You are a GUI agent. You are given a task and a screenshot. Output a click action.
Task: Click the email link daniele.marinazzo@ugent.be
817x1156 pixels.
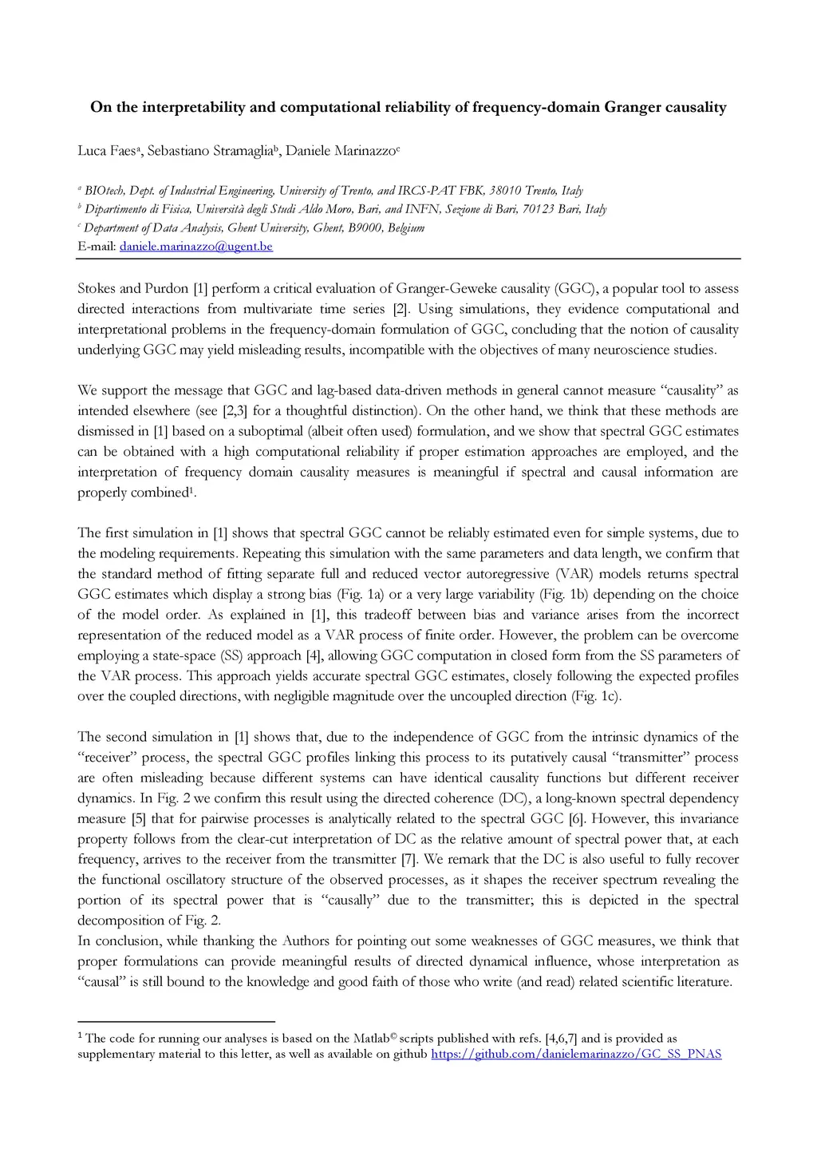pyautogui.click(x=195, y=247)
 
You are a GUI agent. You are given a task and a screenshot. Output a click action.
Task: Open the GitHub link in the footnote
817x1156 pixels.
pyautogui.click(x=576, y=1055)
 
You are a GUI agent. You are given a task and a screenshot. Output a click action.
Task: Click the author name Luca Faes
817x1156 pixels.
pyautogui.click(x=106, y=150)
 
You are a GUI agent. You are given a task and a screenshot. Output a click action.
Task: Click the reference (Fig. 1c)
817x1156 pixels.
pyautogui.click(x=595, y=696)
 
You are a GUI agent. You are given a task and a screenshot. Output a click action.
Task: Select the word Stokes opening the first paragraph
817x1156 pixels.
pyautogui.click(x=98, y=288)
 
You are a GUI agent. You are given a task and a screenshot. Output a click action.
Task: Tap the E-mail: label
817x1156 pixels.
pyautogui.click(x=97, y=247)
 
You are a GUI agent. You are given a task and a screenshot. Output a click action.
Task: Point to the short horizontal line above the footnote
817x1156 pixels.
pyautogui.click(x=176, y=1021)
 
